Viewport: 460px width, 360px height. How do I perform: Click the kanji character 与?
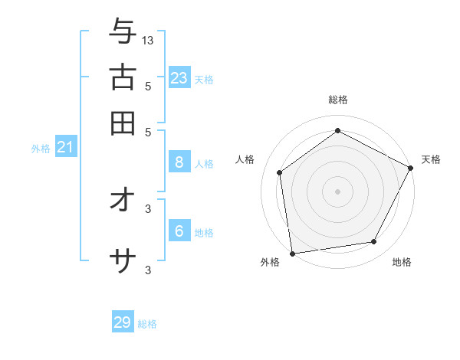pyautogui.click(x=123, y=32)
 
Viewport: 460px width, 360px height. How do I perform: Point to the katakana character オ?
pyautogui.click(x=123, y=200)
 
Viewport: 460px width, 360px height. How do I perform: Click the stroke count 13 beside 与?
pyautogui.click(x=148, y=40)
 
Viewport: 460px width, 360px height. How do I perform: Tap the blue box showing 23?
pyautogui.click(x=179, y=77)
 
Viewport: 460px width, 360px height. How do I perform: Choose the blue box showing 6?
pyautogui.click(x=179, y=231)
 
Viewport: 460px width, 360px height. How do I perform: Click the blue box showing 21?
pyautogui.click(x=65, y=147)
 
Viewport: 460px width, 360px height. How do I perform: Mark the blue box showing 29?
pyautogui.click(x=123, y=322)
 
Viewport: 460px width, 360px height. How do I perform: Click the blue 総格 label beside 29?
pyautogui.click(x=147, y=324)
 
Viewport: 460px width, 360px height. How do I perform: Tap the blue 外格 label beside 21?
pyautogui.click(x=41, y=149)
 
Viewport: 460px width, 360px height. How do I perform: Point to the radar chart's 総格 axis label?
pyautogui.click(x=337, y=100)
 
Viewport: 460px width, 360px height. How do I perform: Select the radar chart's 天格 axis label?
pyautogui.click(x=431, y=159)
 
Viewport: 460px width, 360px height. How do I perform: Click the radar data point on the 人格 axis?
pyautogui.click(x=280, y=172)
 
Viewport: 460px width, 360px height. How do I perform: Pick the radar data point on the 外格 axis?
pyautogui.click(x=292, y=253)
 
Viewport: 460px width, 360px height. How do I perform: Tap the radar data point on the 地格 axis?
pyautogui.click(x=374, y=242)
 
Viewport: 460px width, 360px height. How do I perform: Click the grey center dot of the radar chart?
pyautogui.click(x=337, y=191)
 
